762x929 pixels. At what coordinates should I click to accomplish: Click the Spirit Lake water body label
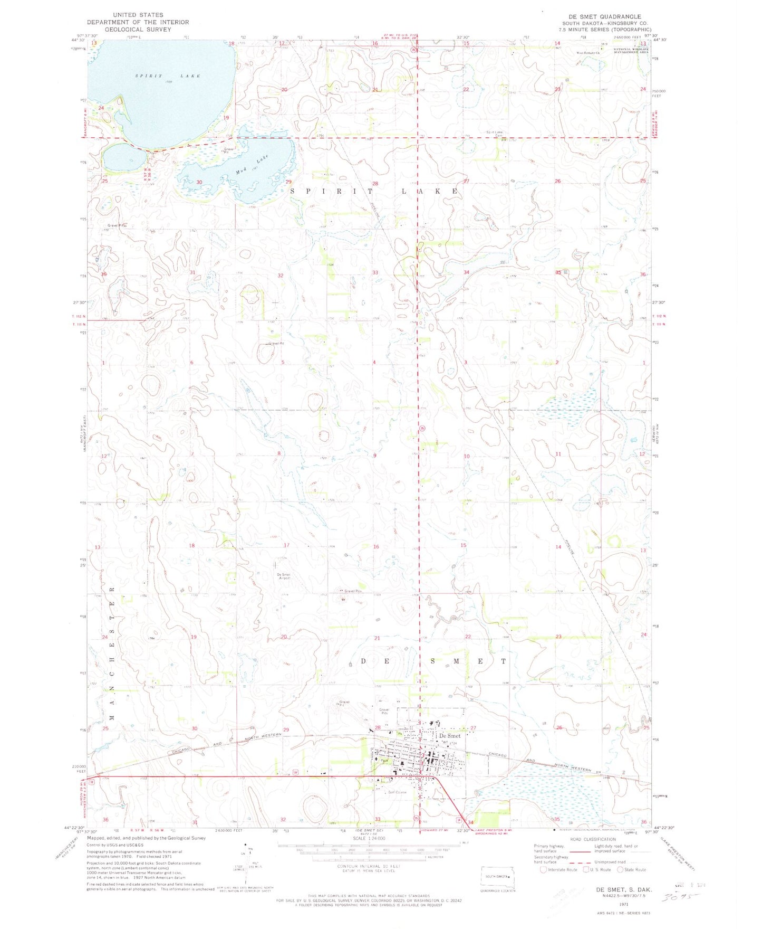[168, 76]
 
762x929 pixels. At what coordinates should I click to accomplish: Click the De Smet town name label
[450, 735]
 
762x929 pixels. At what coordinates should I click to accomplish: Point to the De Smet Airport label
[283, 576]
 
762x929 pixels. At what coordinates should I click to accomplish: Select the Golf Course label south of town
[398, 792]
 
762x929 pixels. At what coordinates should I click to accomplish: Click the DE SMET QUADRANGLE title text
[602, 16]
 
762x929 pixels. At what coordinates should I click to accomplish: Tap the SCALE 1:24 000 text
[369, 839]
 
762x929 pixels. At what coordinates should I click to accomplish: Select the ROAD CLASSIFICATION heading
[592, 839]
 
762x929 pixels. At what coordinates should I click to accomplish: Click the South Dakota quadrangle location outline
[496, 877]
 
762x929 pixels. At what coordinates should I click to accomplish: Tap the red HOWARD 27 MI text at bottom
[435, 831]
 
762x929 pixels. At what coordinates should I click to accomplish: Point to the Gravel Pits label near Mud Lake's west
[115, 225]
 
